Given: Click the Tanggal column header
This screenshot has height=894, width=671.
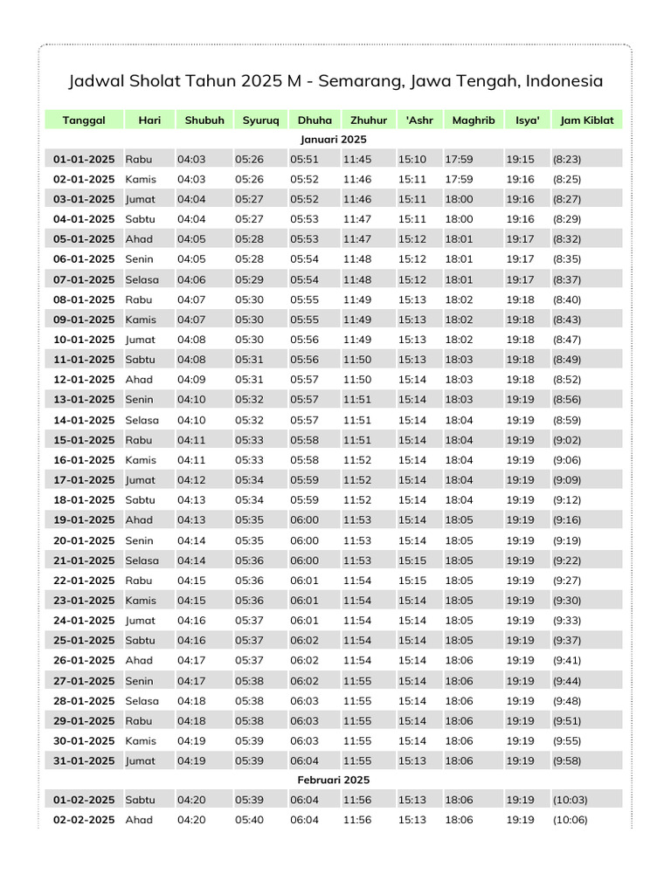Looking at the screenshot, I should tap(84, 120).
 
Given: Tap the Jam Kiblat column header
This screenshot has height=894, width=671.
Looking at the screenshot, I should tap(587, 120).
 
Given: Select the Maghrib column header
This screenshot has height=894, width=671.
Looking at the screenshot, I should tap(474, 120).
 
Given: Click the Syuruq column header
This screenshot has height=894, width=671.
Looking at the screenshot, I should tap(261, 120).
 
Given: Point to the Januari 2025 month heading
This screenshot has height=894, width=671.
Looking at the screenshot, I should tap(334, 140).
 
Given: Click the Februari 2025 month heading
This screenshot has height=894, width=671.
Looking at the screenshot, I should tap(334, 780).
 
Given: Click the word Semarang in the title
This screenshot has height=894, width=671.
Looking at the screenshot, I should tap(356, 81).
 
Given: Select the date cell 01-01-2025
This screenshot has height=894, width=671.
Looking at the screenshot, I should tap(84, 159).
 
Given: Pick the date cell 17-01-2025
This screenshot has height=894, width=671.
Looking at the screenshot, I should tap(84, 479).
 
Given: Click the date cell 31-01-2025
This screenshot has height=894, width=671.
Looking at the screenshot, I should tap(84, 760).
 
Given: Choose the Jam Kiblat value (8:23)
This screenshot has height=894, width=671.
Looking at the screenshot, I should tap(567, 159).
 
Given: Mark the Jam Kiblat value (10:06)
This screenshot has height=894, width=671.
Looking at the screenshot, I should tap(571, 820).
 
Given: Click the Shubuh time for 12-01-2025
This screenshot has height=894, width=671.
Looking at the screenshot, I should tap(191, 380).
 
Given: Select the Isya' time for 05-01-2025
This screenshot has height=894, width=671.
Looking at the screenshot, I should tap(520, 239).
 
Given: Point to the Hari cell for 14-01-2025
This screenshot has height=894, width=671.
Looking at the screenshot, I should tap(142, 420).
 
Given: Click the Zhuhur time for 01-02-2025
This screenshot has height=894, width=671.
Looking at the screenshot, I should tap(357, 800).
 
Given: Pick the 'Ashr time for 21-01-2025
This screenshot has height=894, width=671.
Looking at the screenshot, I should tap(412, 560).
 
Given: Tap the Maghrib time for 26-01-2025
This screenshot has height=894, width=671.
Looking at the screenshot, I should tap(460, 660).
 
